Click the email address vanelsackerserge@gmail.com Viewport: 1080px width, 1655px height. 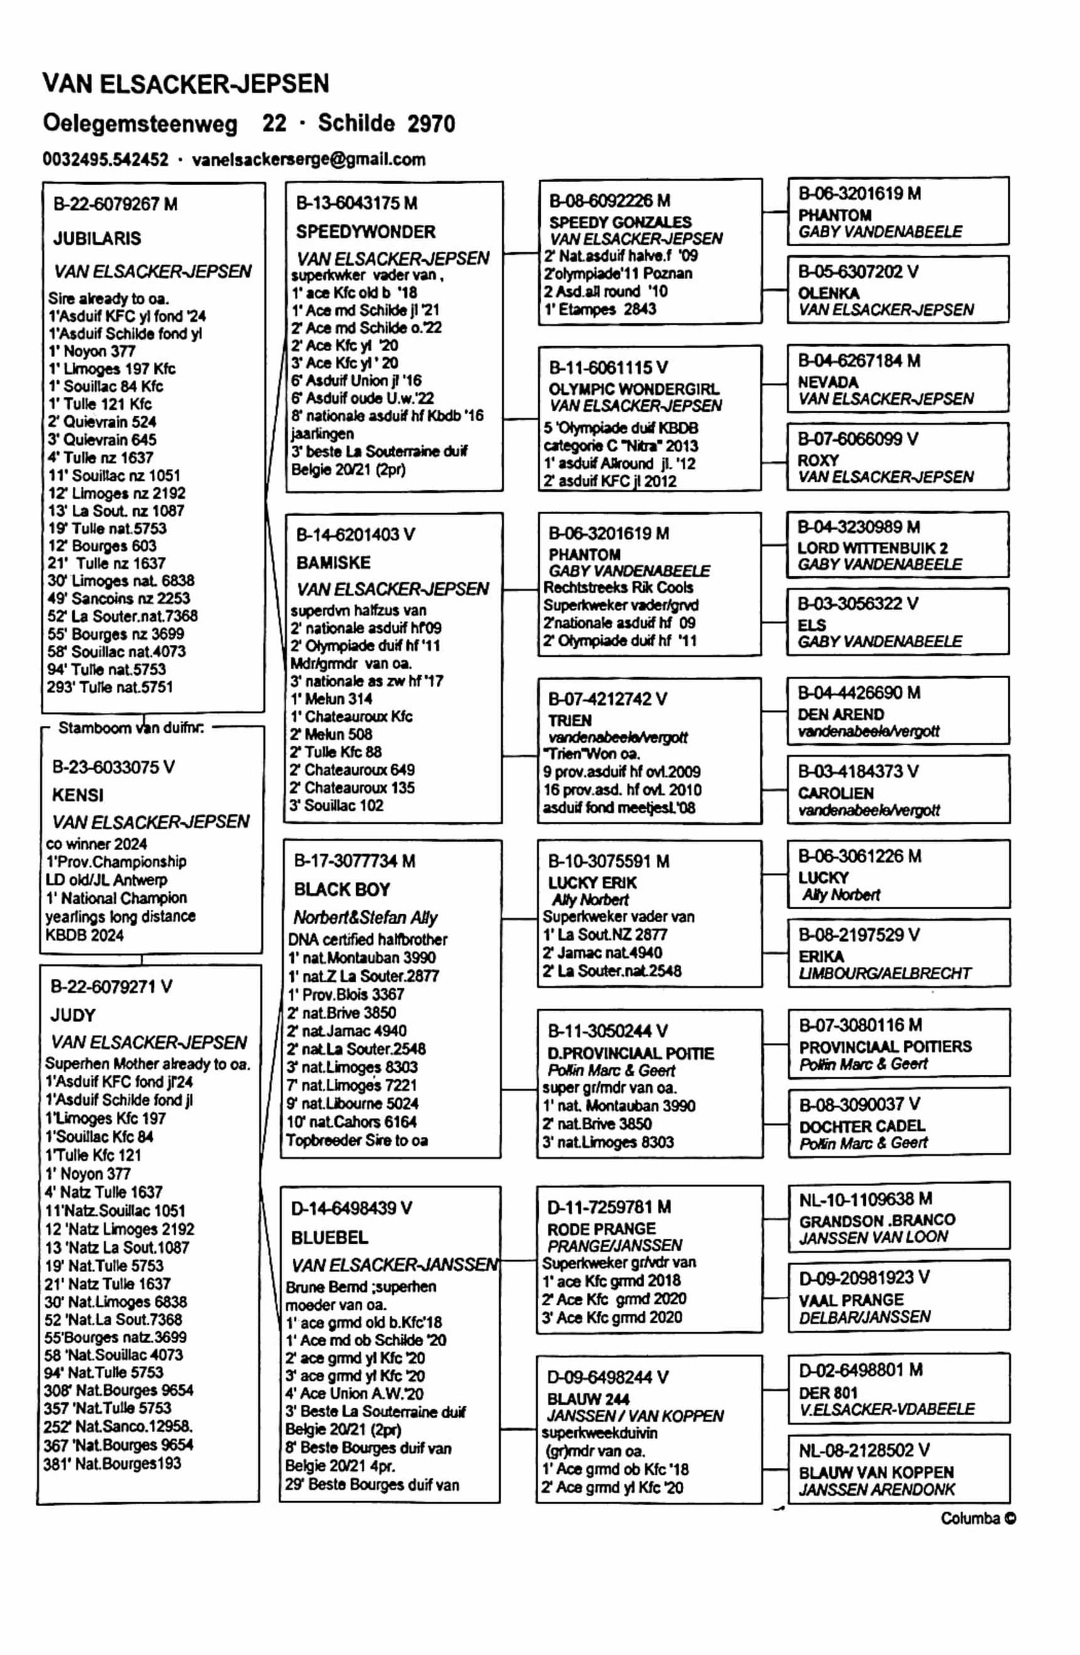(308, 159)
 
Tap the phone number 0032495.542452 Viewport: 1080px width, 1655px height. (105, 159)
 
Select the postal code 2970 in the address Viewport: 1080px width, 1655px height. (431, 124)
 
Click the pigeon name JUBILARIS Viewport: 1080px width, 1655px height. (97, 239)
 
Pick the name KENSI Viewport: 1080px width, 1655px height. (77, 795)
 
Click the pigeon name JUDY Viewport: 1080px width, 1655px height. (72, 1015)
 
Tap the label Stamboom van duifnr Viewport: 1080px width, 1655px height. (131, 728)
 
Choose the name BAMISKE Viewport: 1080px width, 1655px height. (333, 563)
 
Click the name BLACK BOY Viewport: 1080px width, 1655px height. (342, 890)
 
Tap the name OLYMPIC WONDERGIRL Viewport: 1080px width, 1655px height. (634, 389)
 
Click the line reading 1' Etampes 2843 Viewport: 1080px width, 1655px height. (600, 309)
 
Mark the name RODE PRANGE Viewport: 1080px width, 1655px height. (601, 1229)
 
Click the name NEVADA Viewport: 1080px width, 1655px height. (828, 382)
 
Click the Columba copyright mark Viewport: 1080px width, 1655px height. (978, 1518)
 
